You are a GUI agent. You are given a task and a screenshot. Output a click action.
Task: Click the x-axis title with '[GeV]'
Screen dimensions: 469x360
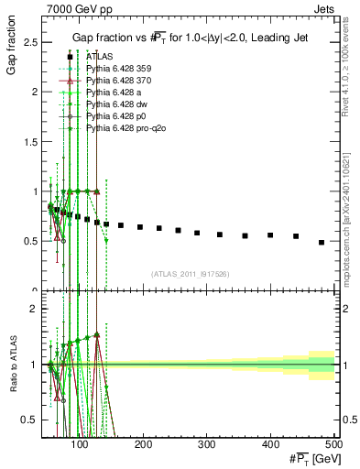point(311,459)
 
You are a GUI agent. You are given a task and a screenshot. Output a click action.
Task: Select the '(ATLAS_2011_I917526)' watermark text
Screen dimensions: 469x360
point(190,274)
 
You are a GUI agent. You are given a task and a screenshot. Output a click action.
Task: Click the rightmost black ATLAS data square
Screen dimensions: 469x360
point(322,242)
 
